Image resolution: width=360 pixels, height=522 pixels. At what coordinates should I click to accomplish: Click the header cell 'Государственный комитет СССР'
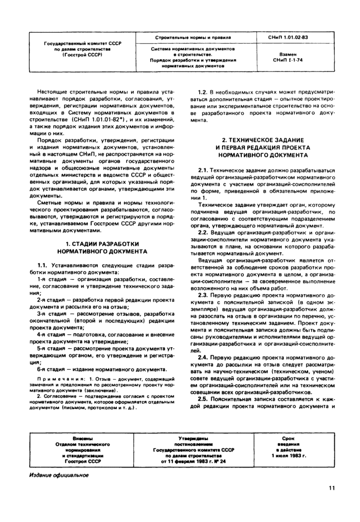click(x=82, y=44)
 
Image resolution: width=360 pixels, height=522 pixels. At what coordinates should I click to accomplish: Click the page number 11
click(x=332, y=489)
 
